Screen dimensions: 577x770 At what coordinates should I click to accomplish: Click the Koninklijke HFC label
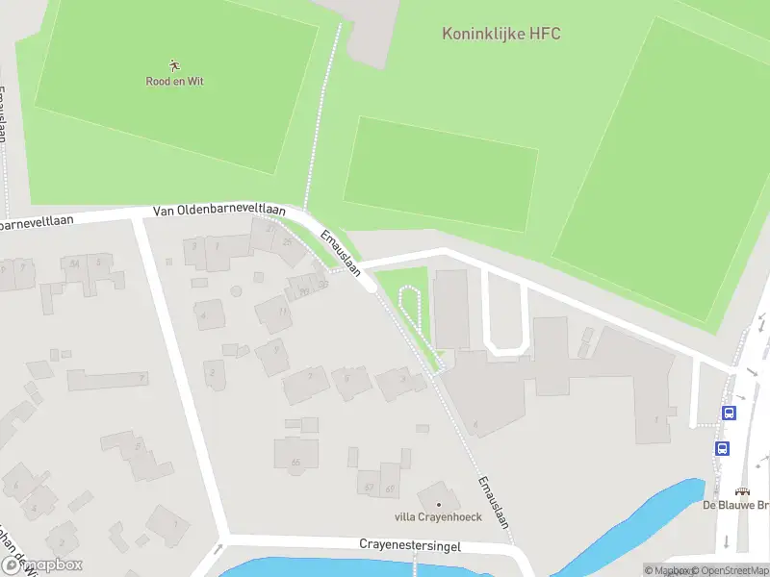click(x=500, y=34)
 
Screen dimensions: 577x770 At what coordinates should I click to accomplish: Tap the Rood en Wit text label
click(x=174, y=82)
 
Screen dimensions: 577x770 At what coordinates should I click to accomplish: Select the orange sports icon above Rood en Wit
click(x=174, y=65)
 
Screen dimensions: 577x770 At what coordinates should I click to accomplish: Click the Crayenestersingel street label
click(x=410, y=545)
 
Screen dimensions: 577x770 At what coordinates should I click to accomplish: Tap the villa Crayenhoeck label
click(x=438, y=516)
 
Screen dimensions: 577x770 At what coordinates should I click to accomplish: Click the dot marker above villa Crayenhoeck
click(x=439, y=504)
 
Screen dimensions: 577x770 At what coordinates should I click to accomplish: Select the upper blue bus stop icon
click(x=729, y=414)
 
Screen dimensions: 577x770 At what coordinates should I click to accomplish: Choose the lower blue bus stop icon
click(x=722, y=448)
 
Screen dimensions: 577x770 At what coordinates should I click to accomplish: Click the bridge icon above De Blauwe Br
click(x=742, y=490)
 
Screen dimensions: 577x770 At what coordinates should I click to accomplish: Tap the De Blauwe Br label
click(x=735, y=505)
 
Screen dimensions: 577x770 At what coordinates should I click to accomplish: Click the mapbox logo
click(x=42, y=564)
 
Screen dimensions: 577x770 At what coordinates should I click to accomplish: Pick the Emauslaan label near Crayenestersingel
click(x=492, y=502)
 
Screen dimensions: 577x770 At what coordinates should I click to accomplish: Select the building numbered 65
click(x=295, y=455)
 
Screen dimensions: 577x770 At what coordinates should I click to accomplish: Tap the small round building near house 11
click(x=236, y=290)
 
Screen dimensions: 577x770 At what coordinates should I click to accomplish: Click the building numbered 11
click(x=274, y=314)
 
